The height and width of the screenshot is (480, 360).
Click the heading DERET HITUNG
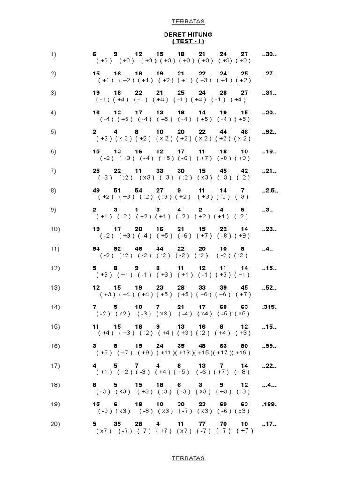pyautogui.click(x=188, y=35)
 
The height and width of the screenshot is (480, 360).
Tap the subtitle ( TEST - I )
pyautogui.click(x=188, y=41)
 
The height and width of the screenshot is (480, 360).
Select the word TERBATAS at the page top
pyautogui.click(x=188, y=22)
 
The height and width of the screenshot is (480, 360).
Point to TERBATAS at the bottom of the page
pyautogui.click(x=188, y=458)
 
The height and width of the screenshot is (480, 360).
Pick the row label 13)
pyautogui.click(x=55, y=288)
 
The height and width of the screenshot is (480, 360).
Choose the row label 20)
pyautogui.click(x=55, y=424)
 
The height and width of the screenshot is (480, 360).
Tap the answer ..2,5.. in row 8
pyautogui.click(x=271, y=191)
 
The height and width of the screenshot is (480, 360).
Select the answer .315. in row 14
pyautogui.click(x=270, y=307)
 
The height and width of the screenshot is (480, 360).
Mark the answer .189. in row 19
pyautogui.click(x=270, y=405)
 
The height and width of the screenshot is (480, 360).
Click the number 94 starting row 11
pyautogui.click(x=97, y=249)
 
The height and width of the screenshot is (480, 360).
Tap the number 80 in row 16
pyautogui.click(x=244, y=346)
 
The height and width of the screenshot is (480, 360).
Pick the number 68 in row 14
pyautogui.click(x=223, y=307)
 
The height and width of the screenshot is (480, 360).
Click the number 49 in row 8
pyautogui.click(x=97, y=191)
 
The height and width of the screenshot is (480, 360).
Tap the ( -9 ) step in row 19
pyautogui.click(x=105, y=411)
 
